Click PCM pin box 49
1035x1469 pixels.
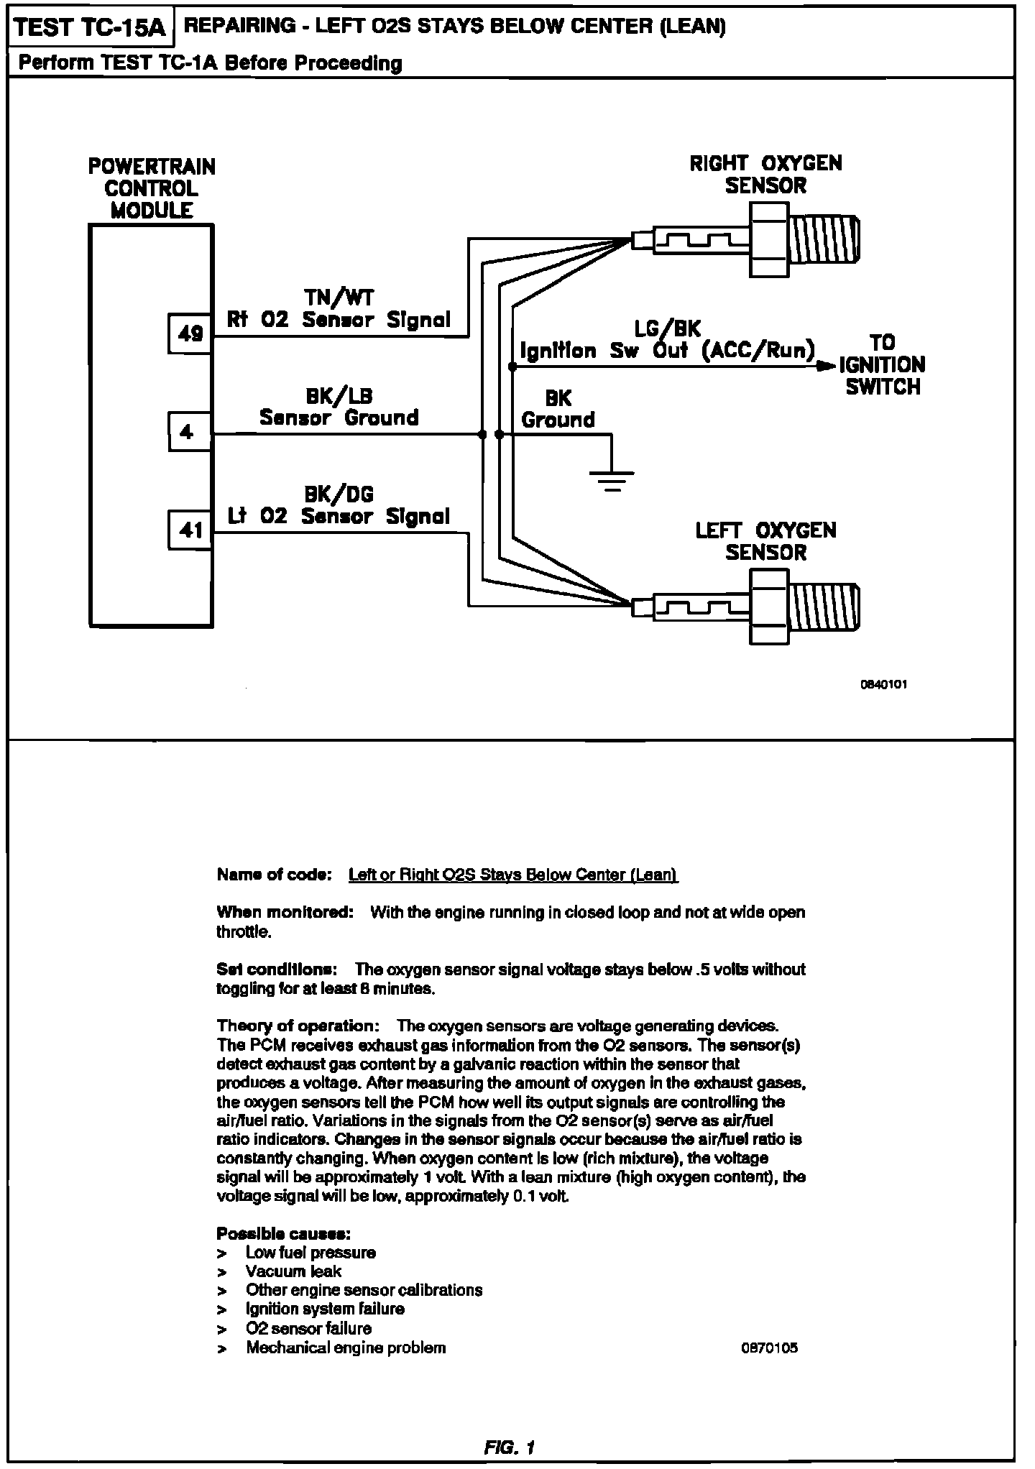click(190, 333)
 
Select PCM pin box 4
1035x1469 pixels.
click(190, 432)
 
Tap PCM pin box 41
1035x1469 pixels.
click(190, 530)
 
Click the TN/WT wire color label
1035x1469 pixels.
click(339, 298)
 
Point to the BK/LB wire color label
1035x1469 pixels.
click(339, 396)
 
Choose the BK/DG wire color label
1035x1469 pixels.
click(339, 494)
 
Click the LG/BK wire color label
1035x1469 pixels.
click(668, 329)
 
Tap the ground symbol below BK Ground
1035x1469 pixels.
click(612, 478)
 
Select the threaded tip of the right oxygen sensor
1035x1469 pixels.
click(827, 239)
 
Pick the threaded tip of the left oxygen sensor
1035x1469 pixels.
click(827, 607)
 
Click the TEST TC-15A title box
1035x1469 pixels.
click(89, 28)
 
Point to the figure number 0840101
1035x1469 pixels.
click(883, 684)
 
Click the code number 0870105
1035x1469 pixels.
click(769, 1348)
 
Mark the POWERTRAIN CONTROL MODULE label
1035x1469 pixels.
click(152, 188)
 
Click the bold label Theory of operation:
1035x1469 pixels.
click(298, 1025)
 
